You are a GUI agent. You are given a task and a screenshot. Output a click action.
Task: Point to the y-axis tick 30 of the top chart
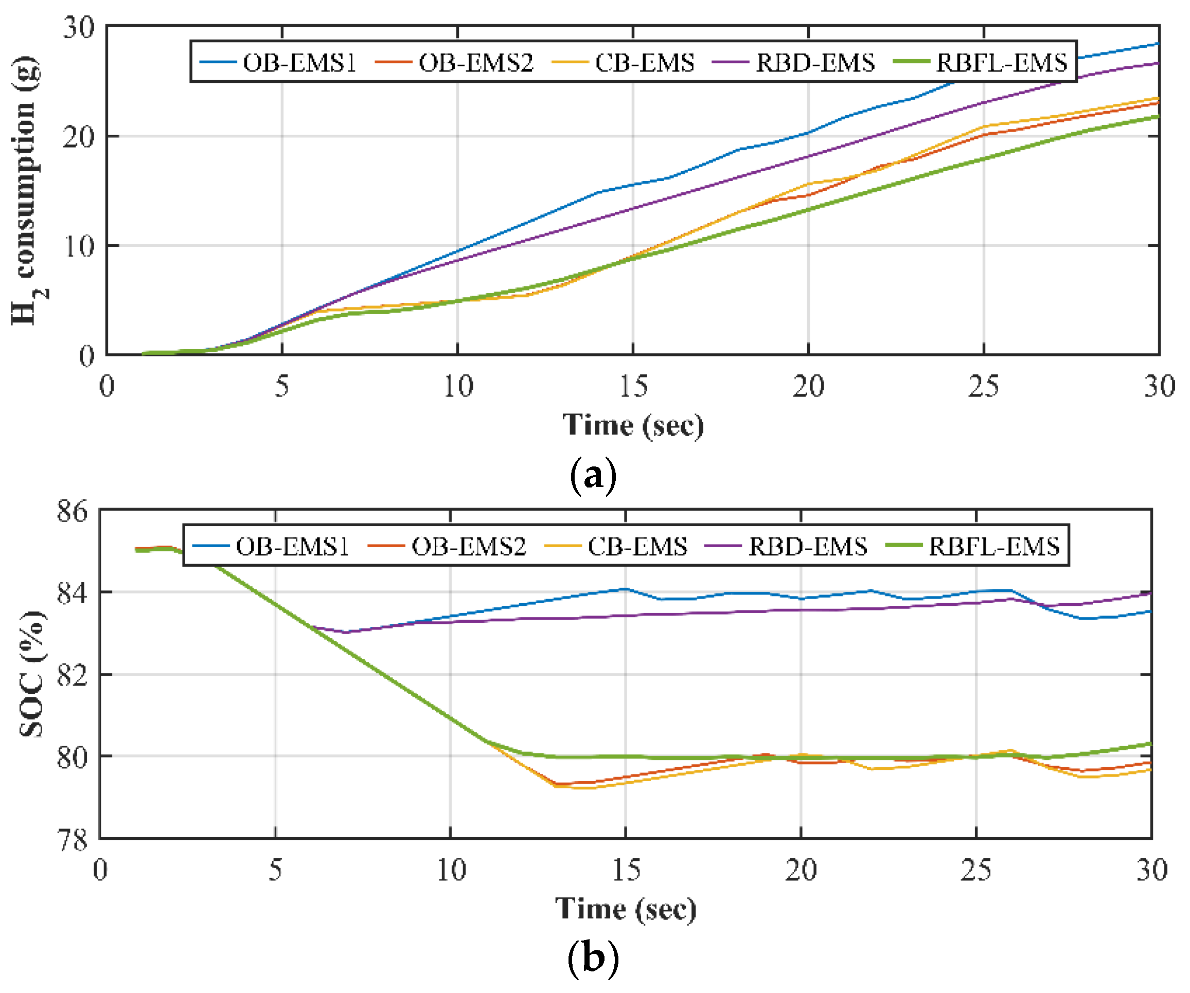coord(79,28)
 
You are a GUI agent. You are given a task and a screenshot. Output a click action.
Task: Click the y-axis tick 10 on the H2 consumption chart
coord(79,246)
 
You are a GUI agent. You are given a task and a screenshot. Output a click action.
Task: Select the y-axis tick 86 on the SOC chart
coord(73,511)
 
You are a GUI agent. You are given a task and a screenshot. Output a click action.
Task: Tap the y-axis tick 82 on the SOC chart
coord(73,675)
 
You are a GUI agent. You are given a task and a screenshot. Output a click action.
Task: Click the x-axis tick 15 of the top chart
coord(633,387)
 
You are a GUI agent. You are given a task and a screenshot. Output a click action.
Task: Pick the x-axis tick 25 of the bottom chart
coord(976,871)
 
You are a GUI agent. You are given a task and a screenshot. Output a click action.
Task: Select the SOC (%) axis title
coord(31,674)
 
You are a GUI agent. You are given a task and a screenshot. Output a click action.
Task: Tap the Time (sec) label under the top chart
coord(633,425)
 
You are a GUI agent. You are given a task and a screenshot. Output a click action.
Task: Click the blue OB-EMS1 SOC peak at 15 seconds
coord(625,589)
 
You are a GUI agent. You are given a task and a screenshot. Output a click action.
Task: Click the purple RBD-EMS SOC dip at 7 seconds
coord(345,632)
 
